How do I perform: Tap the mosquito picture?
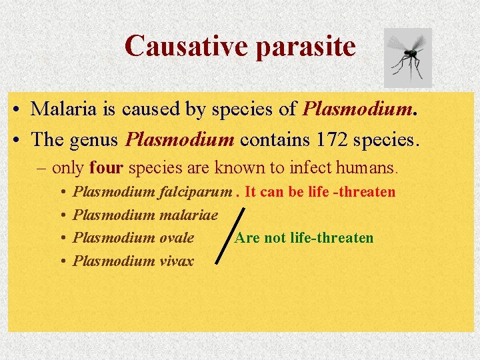tap(408, 58)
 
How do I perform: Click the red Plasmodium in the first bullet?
tap(359, 108)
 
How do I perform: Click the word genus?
tap(97, 139)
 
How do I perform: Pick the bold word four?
tap(104, 166)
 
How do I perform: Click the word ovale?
tap(177, 237)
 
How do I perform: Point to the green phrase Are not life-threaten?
tap(303, 237)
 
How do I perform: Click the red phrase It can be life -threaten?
tap(320, 192)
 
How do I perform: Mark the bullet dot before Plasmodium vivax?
tap(61, 261)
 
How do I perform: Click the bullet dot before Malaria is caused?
tap(14, 109)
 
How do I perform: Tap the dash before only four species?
tap(42, 166)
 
